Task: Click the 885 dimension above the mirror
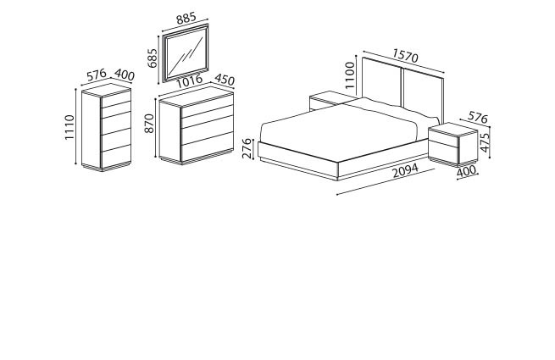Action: [186, 18]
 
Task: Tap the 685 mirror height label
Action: [152, 58]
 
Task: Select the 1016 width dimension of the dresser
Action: [189, 81]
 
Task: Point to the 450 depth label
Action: [225, 80]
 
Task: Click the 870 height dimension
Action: [150, 124]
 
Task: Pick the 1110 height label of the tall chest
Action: [69, 127]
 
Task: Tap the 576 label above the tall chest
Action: [97, 75]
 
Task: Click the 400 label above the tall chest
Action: [125, 75]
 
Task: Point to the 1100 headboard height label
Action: [350, 75]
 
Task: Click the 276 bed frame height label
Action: [247, 148]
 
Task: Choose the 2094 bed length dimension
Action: [406, 170]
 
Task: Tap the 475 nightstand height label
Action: [485, 142]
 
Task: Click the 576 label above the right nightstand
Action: [478, 117]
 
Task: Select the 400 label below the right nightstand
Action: [467, 172]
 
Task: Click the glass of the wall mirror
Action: [186, 53]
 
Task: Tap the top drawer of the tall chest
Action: [116, 99]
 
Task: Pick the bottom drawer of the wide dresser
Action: [208, 147]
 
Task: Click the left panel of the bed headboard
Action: [381, 80]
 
